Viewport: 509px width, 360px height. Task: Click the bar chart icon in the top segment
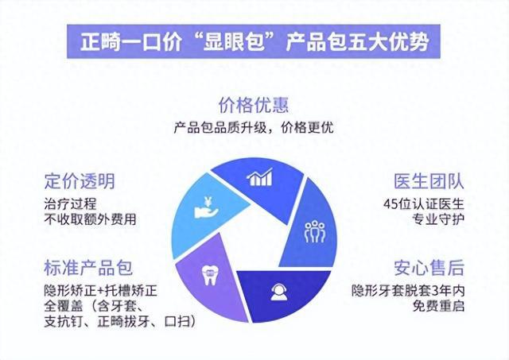click(260, 177)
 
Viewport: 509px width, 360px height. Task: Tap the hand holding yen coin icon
click(206, 207)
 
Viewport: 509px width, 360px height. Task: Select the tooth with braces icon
click(209, 275)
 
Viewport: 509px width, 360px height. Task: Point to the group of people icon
click(315, 231)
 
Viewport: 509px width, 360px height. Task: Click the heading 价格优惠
click(254, 105)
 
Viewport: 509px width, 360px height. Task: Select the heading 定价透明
click(80, 181)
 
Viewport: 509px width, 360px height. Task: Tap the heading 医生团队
click(429, 181)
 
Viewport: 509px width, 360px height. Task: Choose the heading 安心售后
click(429, 268)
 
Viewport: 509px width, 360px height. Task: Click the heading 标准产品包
click(88, 268)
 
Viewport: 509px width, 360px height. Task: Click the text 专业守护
click(438, 219)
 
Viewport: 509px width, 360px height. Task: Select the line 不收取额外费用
click(90, 219)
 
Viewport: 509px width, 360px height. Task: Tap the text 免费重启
click(438, 306)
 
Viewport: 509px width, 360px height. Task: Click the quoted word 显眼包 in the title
click(233, 41)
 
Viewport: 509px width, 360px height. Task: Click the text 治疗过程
click(70, 204)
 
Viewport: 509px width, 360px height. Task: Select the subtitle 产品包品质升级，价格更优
click(254, 127)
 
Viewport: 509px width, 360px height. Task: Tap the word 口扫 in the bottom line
click(177, 321)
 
